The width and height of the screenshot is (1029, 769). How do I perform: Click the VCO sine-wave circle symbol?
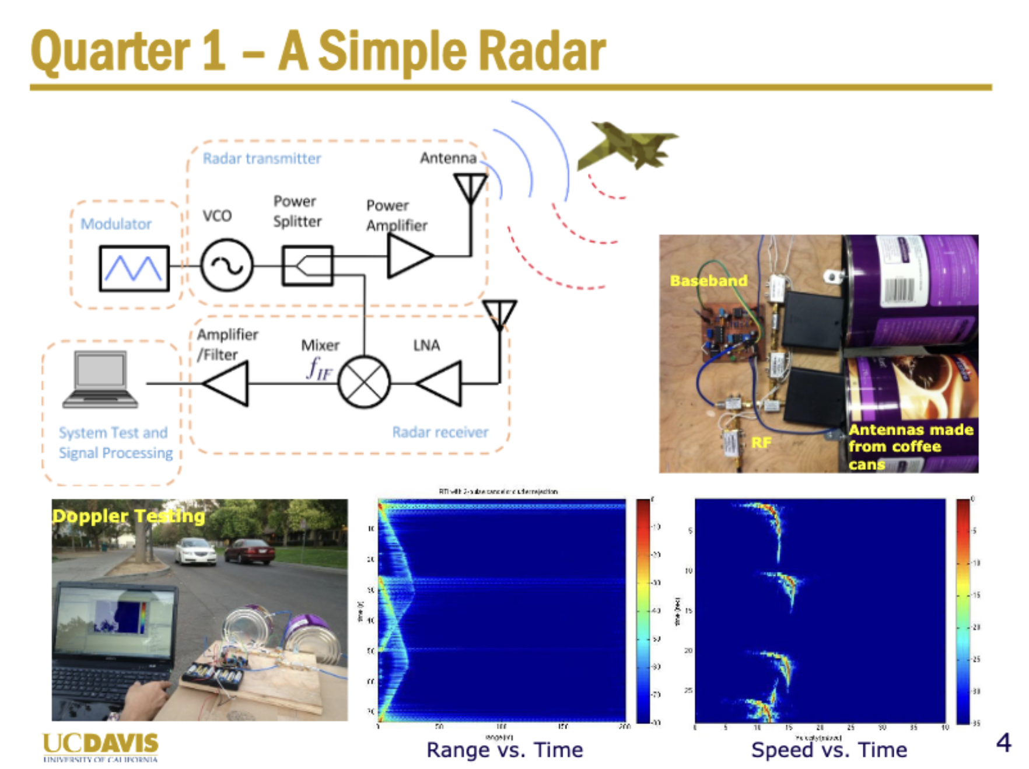pos(226,265)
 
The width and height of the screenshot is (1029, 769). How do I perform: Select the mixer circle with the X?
pos(364,383)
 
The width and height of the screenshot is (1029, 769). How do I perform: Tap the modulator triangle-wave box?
pos(134,268)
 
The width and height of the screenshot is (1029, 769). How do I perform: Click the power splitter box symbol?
pos(307,265)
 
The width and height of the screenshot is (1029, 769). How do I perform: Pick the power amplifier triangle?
pos(408,256)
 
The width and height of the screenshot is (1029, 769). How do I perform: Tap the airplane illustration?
pos(627,146)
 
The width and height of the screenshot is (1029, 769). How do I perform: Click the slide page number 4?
pos(1003,743)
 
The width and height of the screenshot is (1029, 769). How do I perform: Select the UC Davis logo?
pos(100,747)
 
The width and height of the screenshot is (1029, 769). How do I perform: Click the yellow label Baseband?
pos(708,281)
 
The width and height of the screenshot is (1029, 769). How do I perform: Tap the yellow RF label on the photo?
pos(761,443)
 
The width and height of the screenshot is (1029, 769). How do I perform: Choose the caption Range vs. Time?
pos(505,750)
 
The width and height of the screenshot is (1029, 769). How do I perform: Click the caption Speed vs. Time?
pos(829,750)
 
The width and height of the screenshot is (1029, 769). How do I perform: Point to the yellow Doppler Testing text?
pos(128,516)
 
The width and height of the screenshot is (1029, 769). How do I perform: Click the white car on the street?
pos(195,551)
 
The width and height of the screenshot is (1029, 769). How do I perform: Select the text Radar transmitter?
pos(262,159)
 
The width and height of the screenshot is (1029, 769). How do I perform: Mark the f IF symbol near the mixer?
pos(319,369)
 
